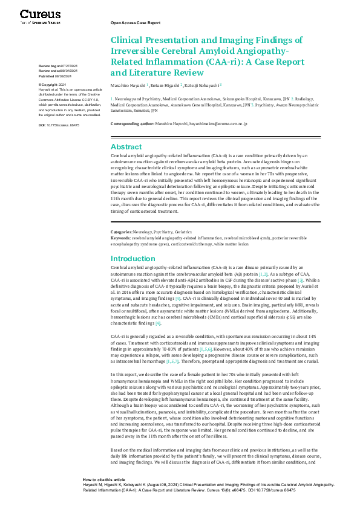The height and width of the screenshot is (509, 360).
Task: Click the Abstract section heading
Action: pos(126,147)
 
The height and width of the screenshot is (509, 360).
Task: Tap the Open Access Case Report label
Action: pos(136,22)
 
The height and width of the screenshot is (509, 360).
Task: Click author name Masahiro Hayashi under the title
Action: pos(128,86)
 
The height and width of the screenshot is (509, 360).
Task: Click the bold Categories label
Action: pos(121,232)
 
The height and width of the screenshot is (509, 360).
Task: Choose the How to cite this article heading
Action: pos(104,478)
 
